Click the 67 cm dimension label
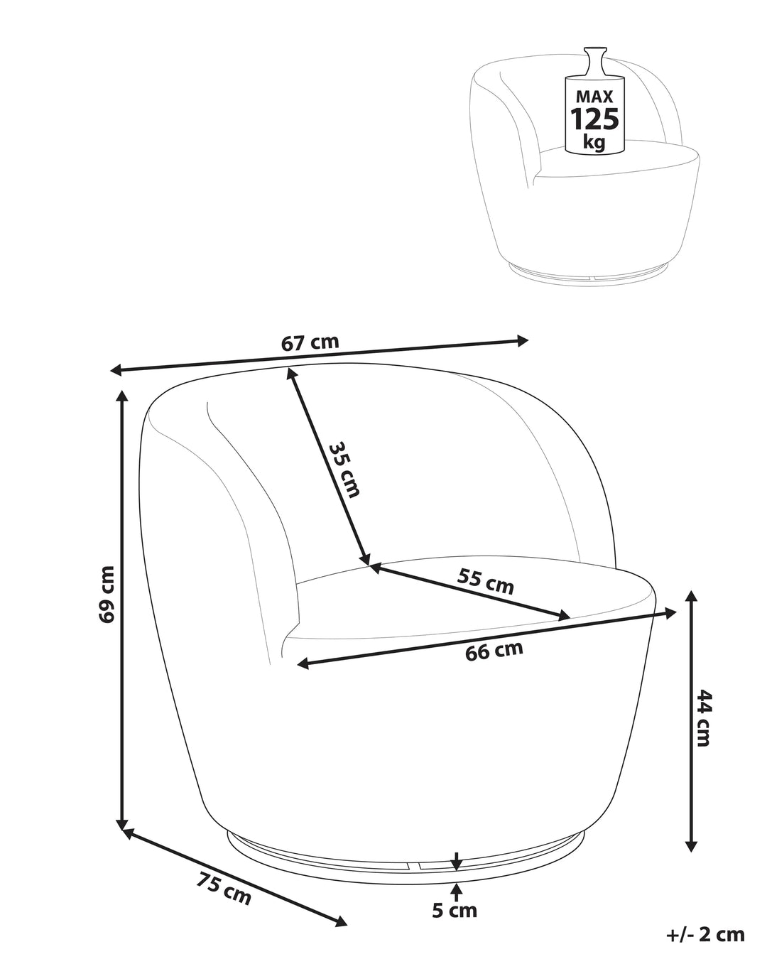pos(310,342)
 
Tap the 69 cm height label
pos(107,595)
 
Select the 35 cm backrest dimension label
pos(344,470)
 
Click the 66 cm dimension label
pos(494,651)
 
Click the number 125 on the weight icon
pos(594,119)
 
